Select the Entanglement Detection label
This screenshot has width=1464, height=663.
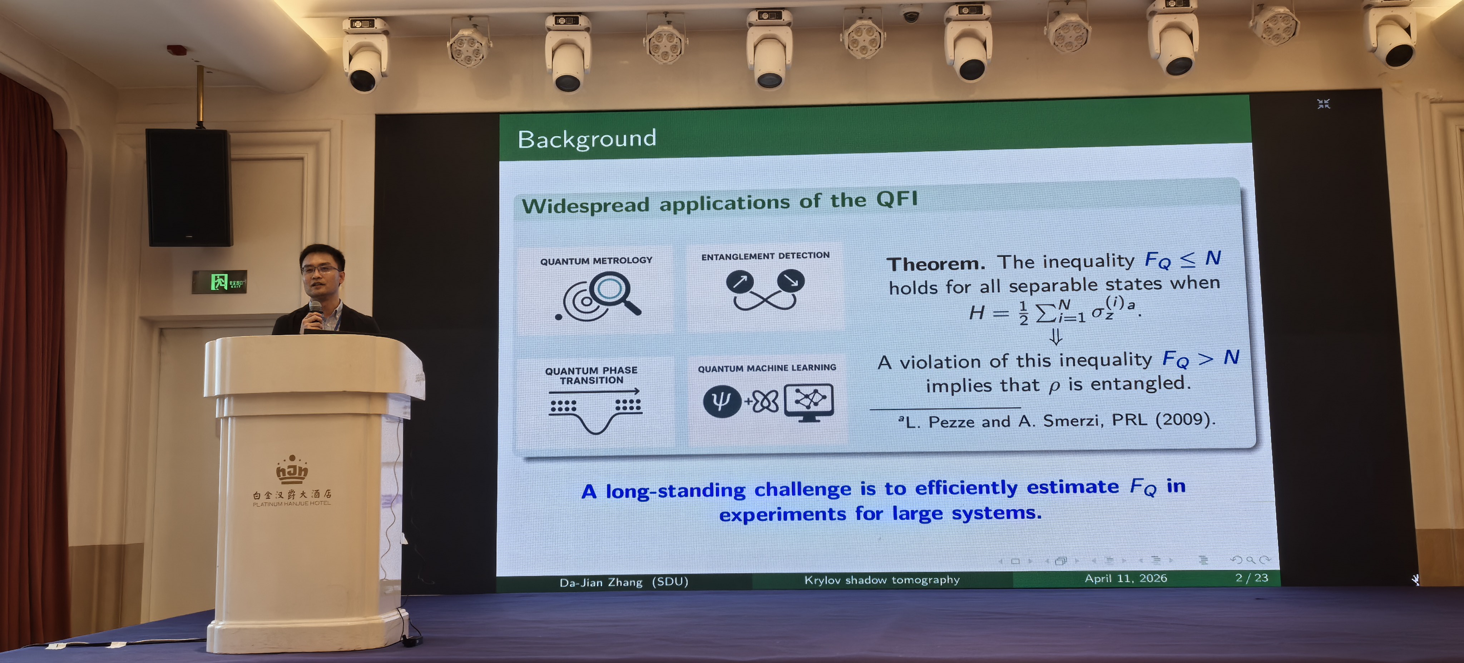[x=765, y=256]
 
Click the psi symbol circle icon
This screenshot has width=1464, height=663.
[x=722, y=401]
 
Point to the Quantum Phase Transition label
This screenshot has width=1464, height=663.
[x=591, y=375]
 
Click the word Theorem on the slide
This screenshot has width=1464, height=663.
[x=935, y=264]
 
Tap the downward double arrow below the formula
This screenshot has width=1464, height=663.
[x=1055, y=338]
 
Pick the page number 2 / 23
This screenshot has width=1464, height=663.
[x=1251, y=577]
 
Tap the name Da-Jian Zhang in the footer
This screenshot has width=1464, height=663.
[x=601, y=582]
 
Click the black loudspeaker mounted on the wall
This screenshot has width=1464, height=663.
[x=189, y=188]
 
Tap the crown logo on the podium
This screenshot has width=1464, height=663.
[x=292, y=469]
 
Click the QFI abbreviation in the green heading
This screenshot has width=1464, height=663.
[x=897, y=199]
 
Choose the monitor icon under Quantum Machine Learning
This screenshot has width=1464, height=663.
[x=809, y=402]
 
